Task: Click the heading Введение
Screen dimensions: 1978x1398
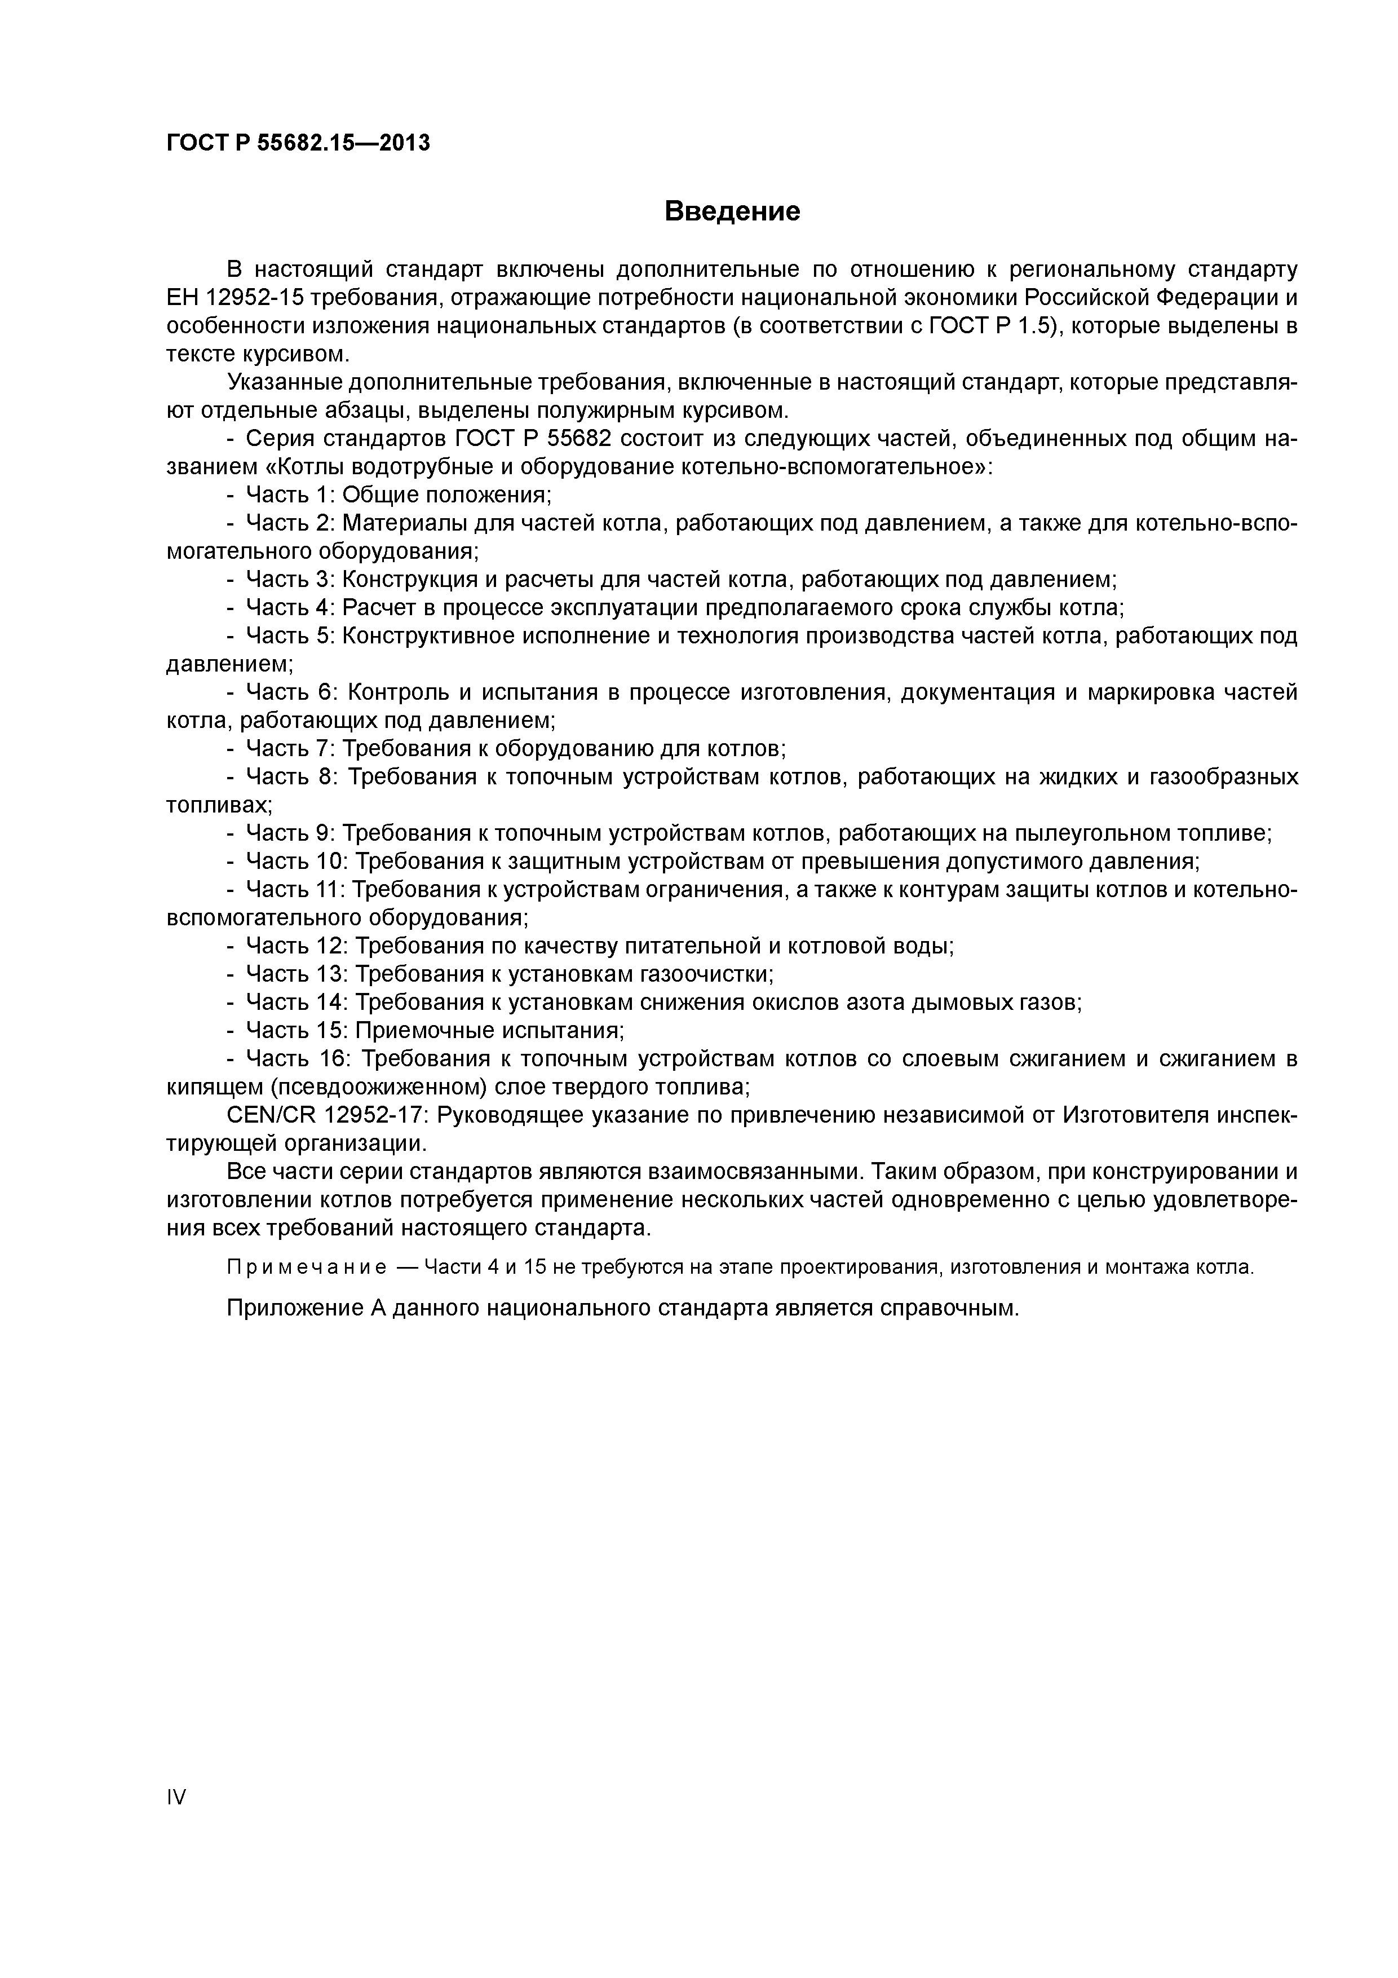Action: (732, 211)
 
